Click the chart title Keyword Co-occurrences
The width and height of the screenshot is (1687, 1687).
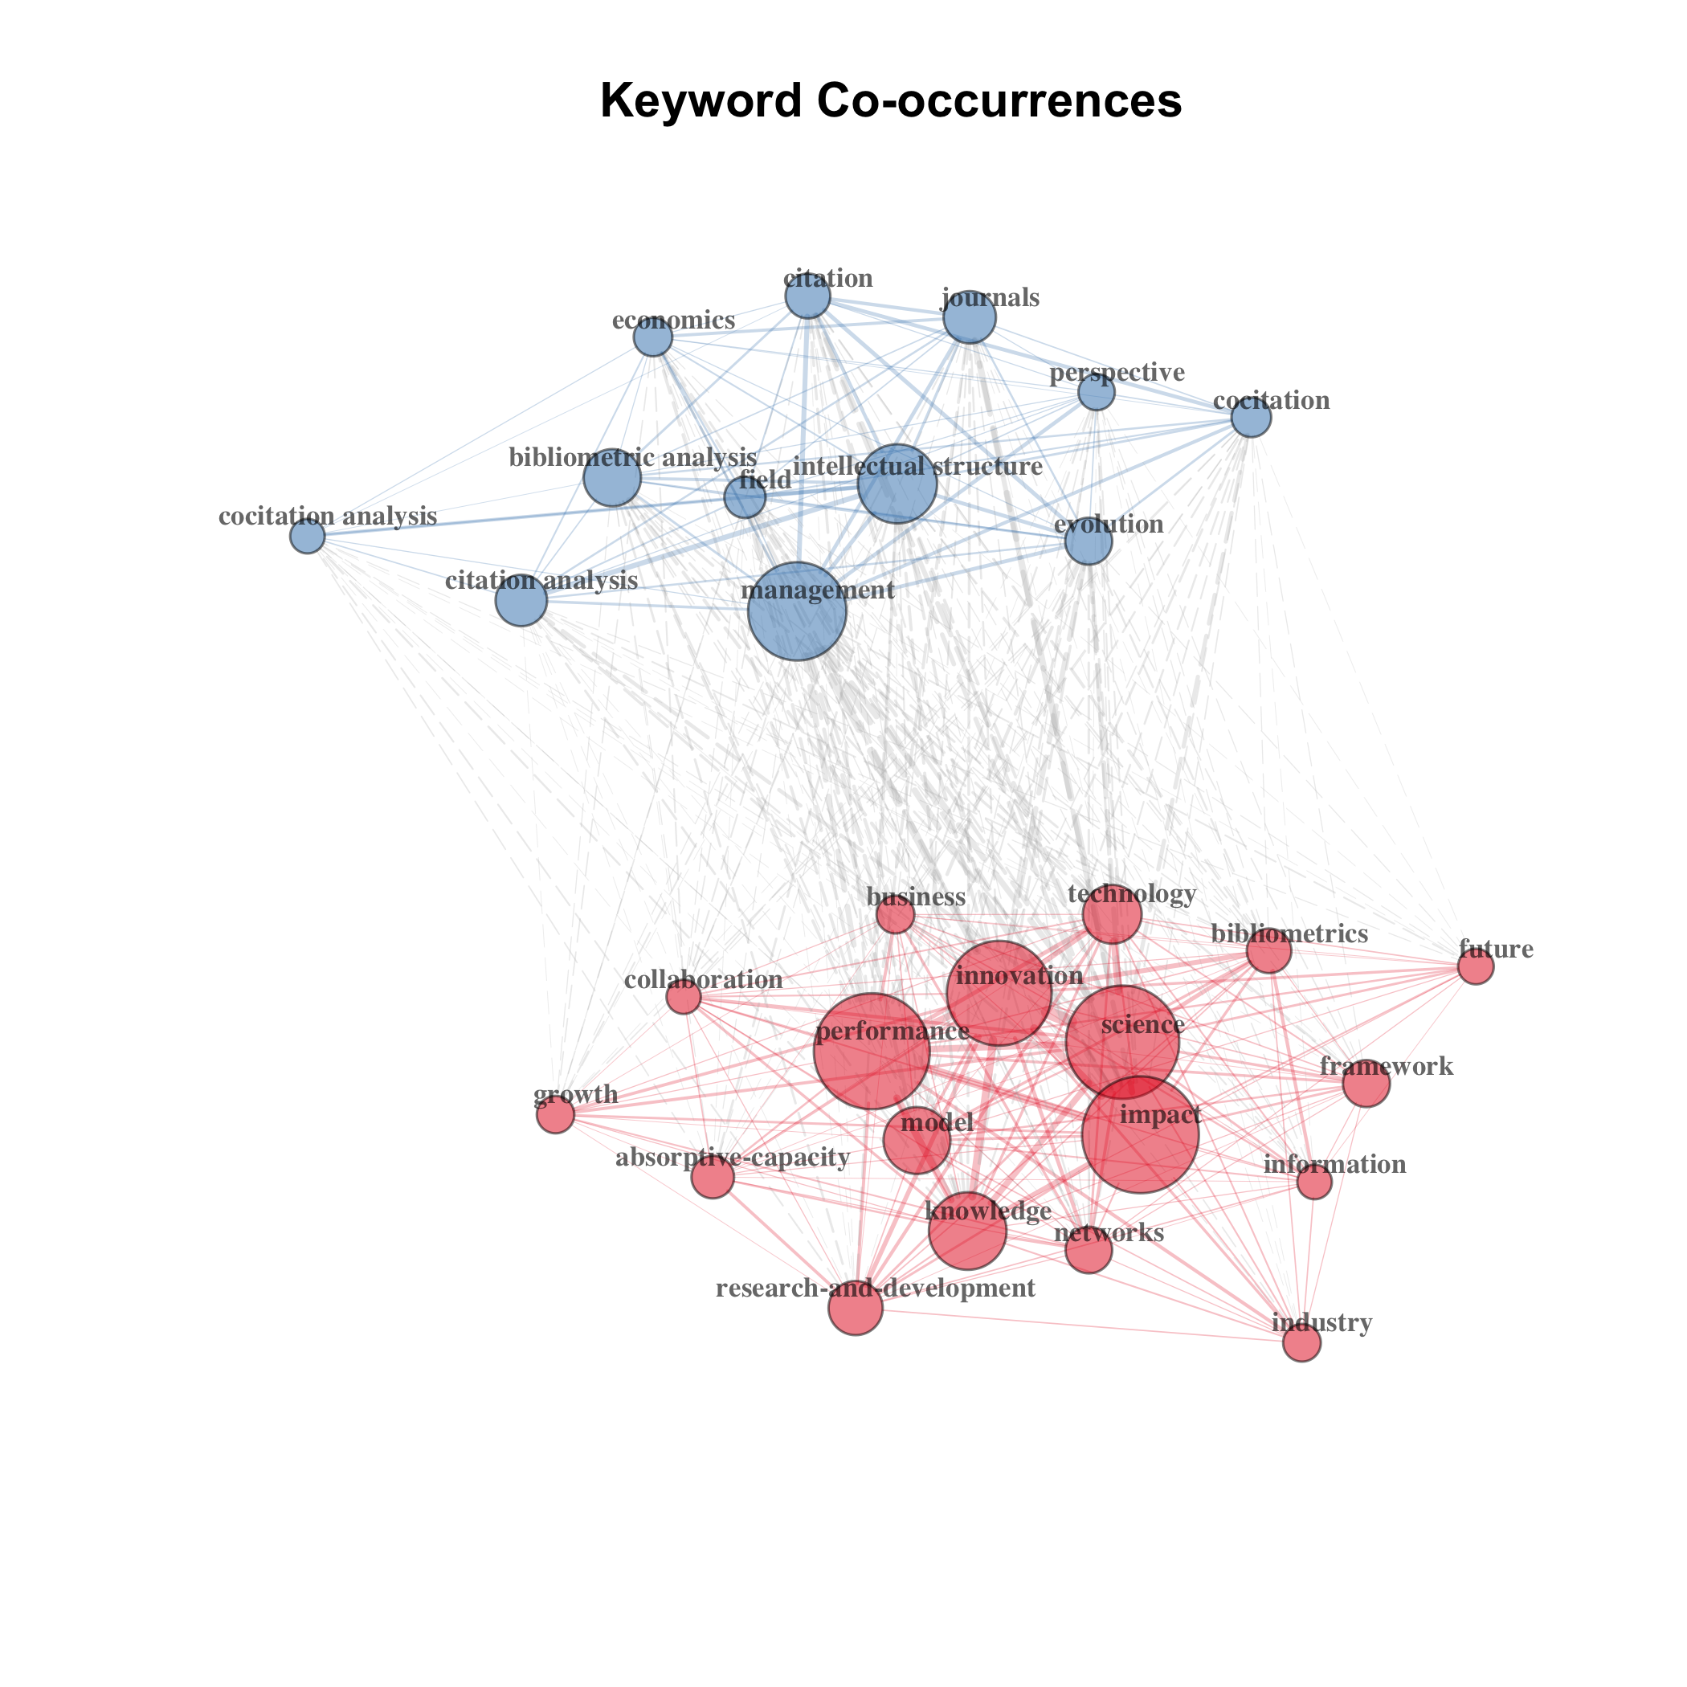coord(891,100)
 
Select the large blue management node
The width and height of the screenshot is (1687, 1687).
coord(797,611)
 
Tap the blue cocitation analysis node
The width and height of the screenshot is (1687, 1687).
coord(308,536)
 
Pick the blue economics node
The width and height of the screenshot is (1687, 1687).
coord(652,337)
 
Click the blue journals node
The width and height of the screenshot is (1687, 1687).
coord(970,318)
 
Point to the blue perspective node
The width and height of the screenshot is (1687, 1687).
coord(1096,393)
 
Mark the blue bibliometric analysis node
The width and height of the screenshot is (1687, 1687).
coord(612,478)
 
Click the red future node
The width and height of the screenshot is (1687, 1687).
coord(1476,967)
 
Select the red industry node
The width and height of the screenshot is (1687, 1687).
coord(1302,1343)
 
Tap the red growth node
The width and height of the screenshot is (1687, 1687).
coord(555,1114)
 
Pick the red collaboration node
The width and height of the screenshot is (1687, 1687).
coord(684,996)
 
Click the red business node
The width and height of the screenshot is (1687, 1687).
coord(895,915)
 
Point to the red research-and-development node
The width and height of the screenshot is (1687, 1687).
coord(856,1308)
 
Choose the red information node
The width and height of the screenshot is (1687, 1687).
coord(1314,1183)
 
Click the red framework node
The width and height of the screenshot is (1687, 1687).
coord(1366,1084)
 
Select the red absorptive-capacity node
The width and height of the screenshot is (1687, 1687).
coord(713,1178)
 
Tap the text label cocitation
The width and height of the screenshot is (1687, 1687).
coord(1272,401)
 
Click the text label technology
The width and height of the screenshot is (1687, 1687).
coord(1132,894)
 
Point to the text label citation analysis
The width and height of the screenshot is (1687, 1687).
coord(541,581)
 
